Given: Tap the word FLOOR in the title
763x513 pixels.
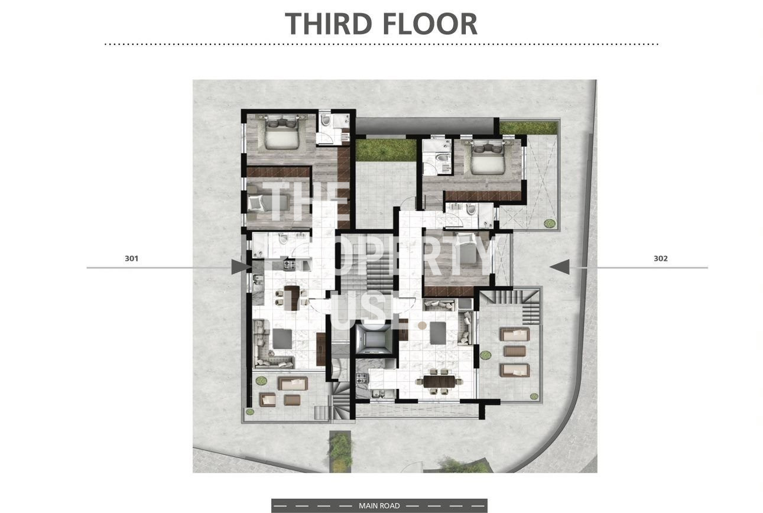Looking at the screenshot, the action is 430,24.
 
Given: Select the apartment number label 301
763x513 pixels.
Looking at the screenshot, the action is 131,258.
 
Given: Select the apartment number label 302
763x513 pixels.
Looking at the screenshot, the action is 661,258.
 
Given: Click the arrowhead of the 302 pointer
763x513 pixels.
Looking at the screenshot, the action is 559,267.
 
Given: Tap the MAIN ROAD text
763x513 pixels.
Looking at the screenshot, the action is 379,506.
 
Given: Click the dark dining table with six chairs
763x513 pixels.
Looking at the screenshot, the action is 439,381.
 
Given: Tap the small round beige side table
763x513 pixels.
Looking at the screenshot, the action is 422,326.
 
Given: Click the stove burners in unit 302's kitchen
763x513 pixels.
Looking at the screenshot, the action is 361,378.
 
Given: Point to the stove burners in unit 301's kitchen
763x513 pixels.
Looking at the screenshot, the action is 290,265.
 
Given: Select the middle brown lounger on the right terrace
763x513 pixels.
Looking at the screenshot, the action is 514,351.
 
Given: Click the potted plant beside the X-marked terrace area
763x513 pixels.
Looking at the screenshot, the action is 550,223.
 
